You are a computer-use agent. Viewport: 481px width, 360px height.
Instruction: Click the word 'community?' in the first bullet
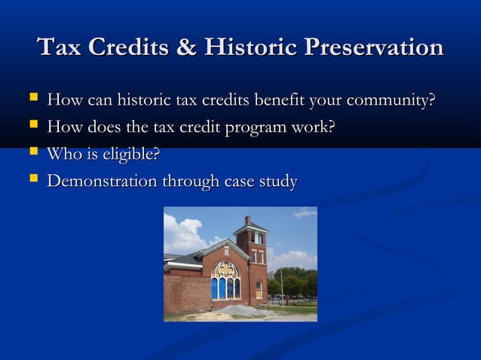pos(391,100)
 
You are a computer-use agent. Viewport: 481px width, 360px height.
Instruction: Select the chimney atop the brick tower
pos(247,220)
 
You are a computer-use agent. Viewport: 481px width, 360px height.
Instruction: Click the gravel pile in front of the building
pos(240,310)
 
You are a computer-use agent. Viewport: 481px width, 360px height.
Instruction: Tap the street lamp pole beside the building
pos(282,282)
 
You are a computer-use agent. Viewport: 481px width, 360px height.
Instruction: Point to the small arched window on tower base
pos(259,288)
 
